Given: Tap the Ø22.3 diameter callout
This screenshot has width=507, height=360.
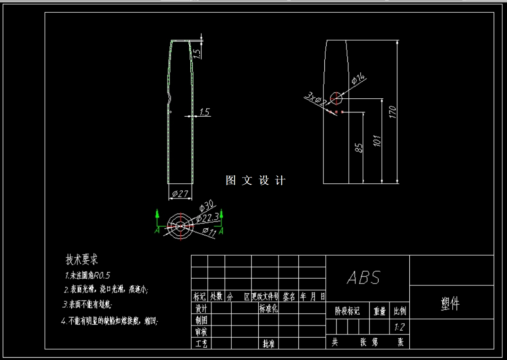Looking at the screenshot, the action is pyautogui.click(x=208, y=217).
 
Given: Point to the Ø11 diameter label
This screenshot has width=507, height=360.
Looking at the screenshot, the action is pyautogui.click(x=209, y=231).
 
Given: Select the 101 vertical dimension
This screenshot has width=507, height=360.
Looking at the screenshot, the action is pyautogui.click(x=377, y=140).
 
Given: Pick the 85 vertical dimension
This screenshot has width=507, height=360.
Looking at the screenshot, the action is pyautogui.click(x=358, y=148).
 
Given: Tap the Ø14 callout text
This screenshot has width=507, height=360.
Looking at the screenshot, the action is pyautogui.click(x=359, y=79).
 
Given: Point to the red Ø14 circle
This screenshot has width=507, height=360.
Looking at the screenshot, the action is pyautogui.click(x=336, y=98).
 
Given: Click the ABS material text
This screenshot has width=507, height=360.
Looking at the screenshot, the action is pyautogui.click(x=364, y=278).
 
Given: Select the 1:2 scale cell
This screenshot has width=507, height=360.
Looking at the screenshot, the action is pyautogui.click(x=399, y=327).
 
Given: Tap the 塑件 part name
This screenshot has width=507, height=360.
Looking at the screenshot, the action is pyautogui.click(x=450, y=304).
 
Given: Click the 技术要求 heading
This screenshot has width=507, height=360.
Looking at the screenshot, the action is pyautogui.click(x=82, y=260).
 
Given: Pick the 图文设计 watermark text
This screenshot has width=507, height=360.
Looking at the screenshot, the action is pyautogui.click(x=255, y=180).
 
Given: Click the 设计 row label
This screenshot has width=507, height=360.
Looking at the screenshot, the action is pyautogui.click(x=201, y=309).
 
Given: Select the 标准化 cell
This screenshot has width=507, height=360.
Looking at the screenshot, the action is pyautogui.click(x=269, y=309).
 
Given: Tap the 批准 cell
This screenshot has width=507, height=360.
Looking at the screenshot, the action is pyautogui.click(x=269, y=344).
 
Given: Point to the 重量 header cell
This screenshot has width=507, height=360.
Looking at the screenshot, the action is pyautogui.click(x=380, y=311).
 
